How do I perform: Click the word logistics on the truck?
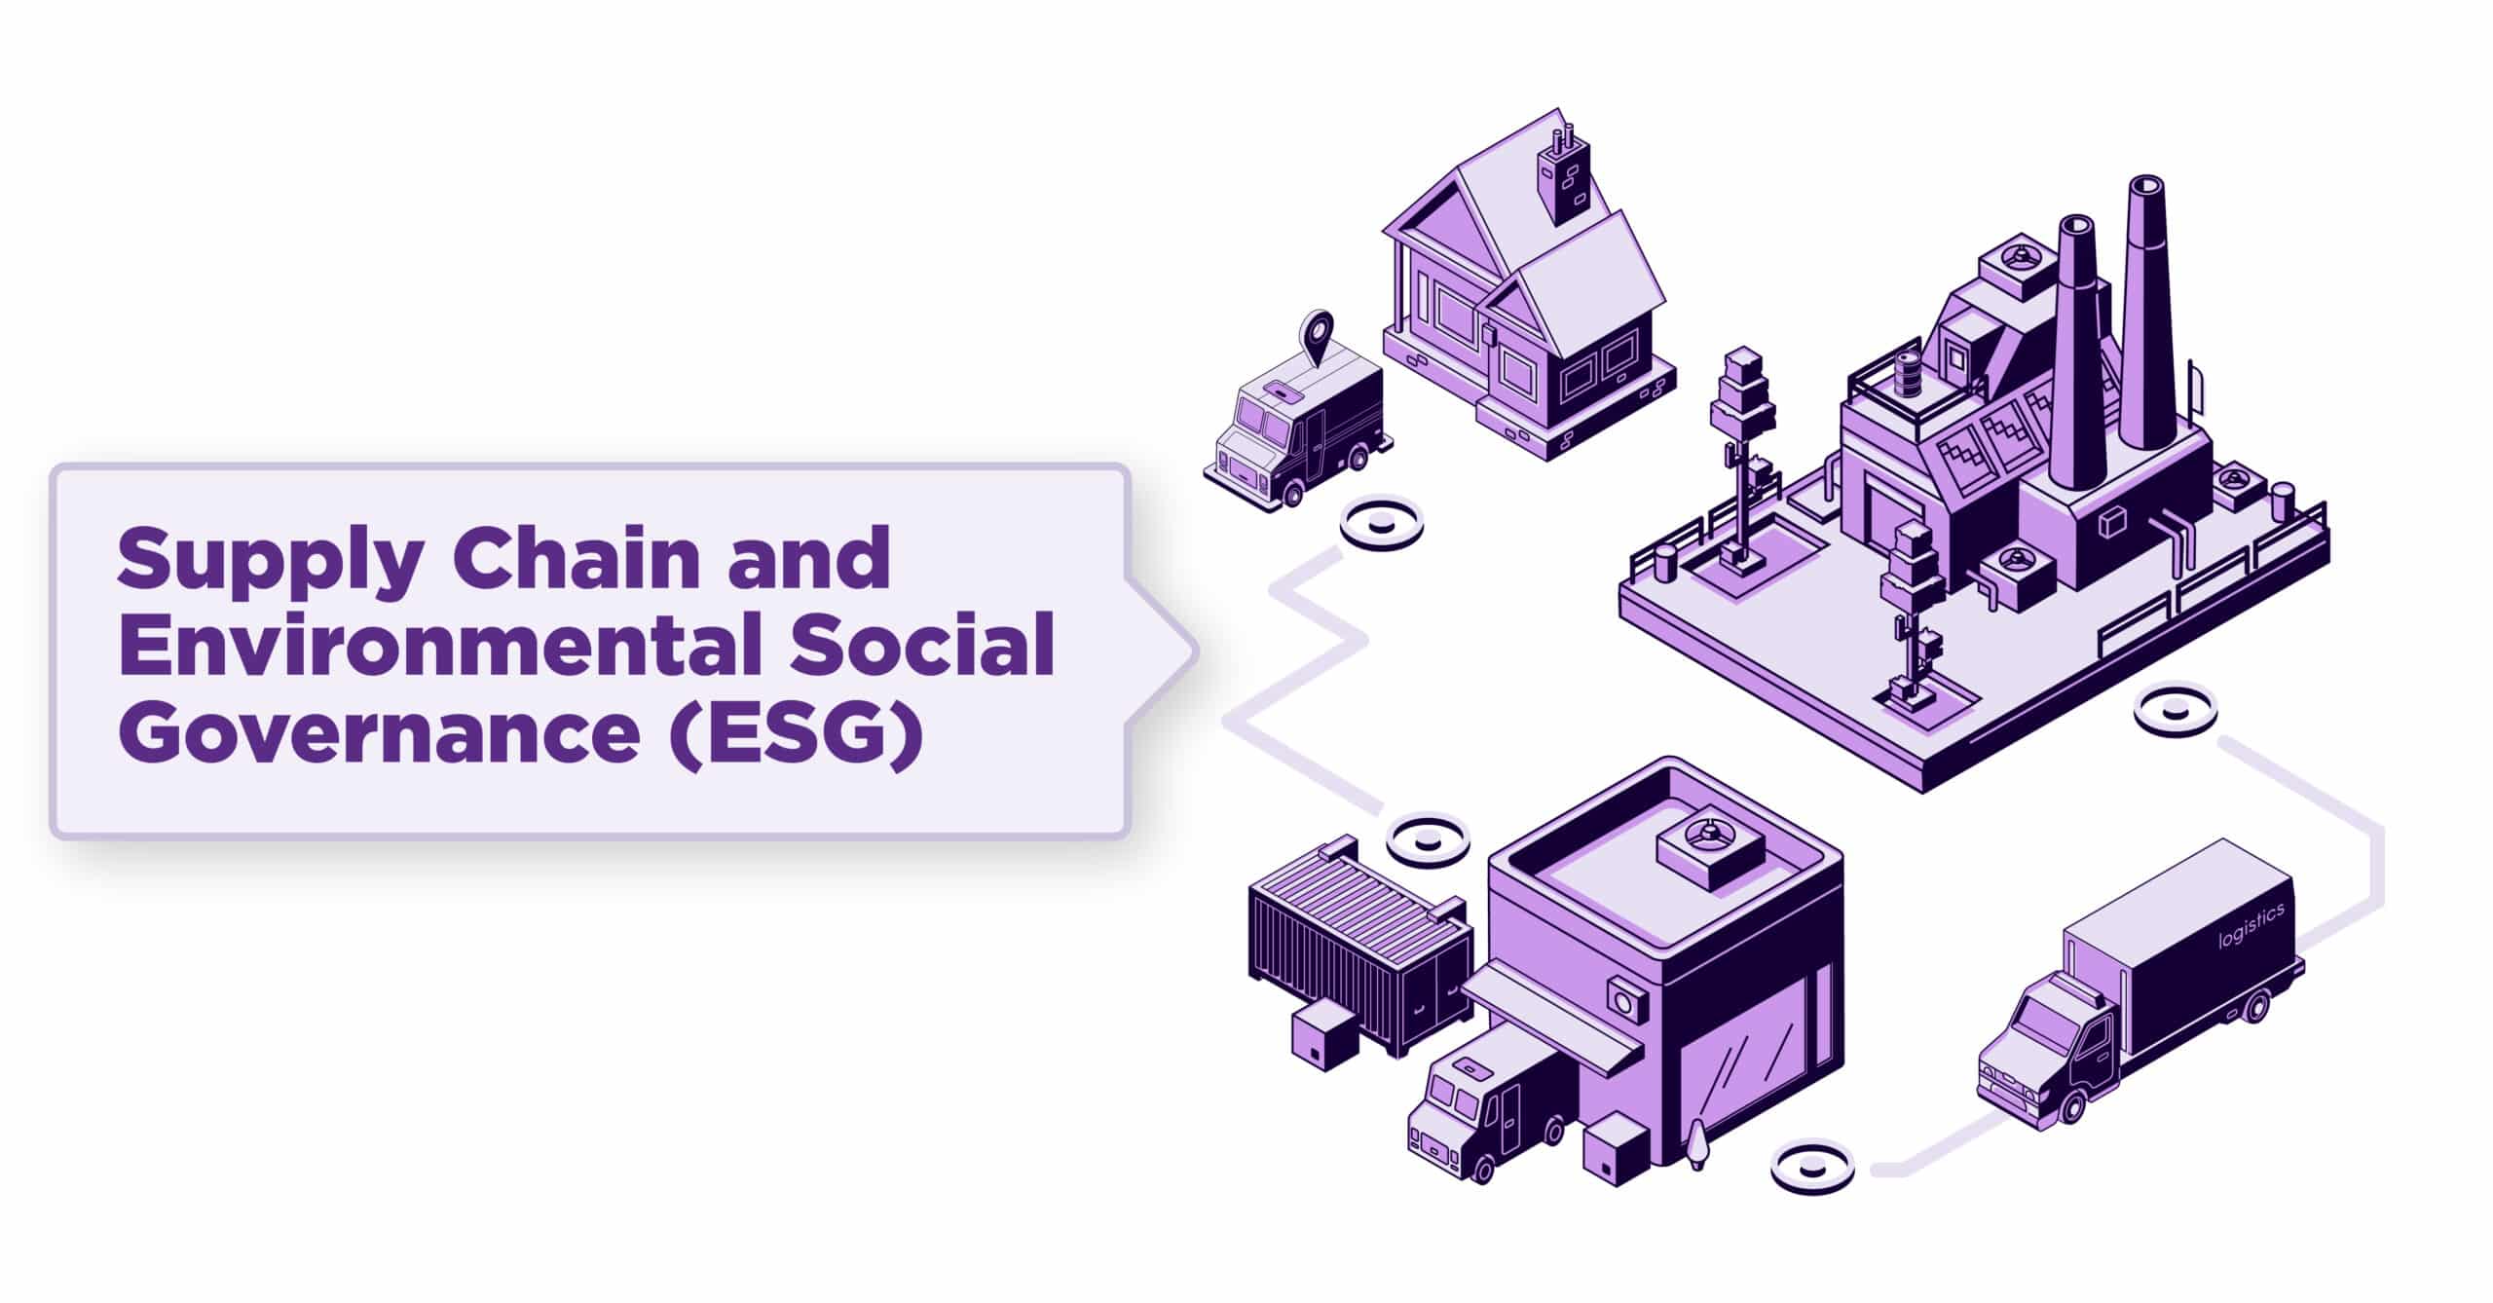2251,926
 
